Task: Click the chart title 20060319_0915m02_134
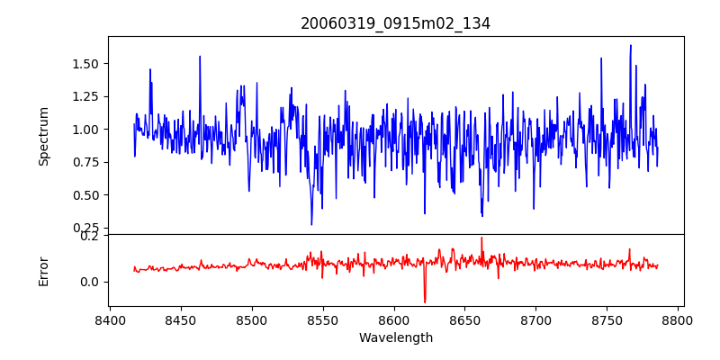point(395,23)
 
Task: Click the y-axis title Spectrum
point(43,136)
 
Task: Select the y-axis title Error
point(43,270)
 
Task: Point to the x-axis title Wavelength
point(395,338)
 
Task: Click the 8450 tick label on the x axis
point(181,320)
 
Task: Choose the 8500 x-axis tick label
point(252,320)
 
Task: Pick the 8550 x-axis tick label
point(323,320)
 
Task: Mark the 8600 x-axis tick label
point(394,320)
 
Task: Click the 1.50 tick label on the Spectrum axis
point(86,64)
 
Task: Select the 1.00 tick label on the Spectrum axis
point(86,130)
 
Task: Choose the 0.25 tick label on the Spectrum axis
point(86,228)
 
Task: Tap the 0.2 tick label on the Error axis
point(90,236)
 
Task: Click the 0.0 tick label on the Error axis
point(90,282)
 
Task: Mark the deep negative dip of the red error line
point(425,301)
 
